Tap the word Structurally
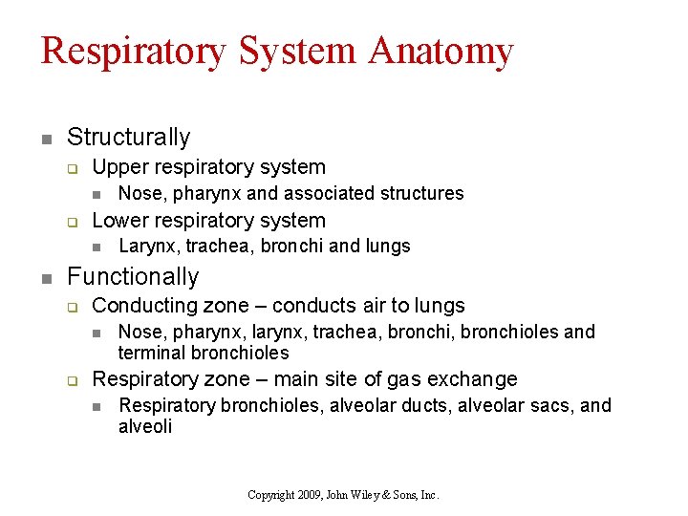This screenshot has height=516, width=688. [129, 138]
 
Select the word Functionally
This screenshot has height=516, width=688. [133, 277]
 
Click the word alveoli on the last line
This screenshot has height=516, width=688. [145, 426]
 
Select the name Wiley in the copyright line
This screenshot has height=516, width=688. [373, 495]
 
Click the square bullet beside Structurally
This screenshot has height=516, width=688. [45, 139]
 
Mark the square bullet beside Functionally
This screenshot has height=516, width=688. [45, 278]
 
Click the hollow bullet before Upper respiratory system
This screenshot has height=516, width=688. [71, 168]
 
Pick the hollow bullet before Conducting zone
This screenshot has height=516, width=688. [71, 307]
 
